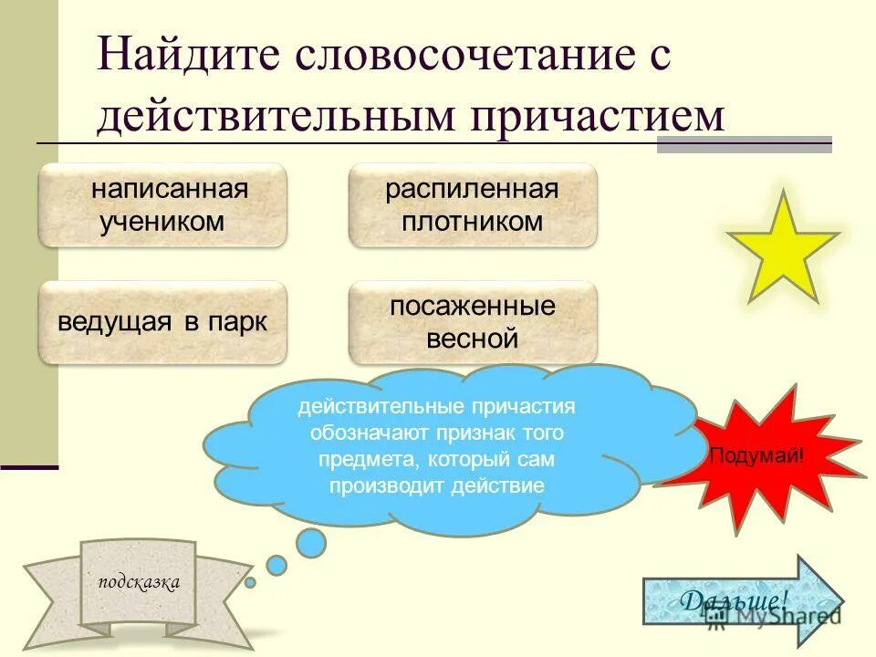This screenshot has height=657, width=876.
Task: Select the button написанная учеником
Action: click(x=162, y=205)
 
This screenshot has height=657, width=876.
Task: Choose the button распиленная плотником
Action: click(x=472, y=205)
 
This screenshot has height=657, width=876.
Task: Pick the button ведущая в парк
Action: click(x=162, y=322)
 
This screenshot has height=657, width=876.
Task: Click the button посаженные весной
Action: click(x=472, y=322)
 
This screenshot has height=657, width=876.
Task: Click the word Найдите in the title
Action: click(x=188, y=57)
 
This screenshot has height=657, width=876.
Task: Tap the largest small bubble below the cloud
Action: click(x=311, y=543)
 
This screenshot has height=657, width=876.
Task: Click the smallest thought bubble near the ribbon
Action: click(x=251, y=581)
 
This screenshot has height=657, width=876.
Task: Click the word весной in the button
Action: click(x=472, y=339)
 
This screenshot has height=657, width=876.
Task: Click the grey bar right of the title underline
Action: click(x=745, y=144)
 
